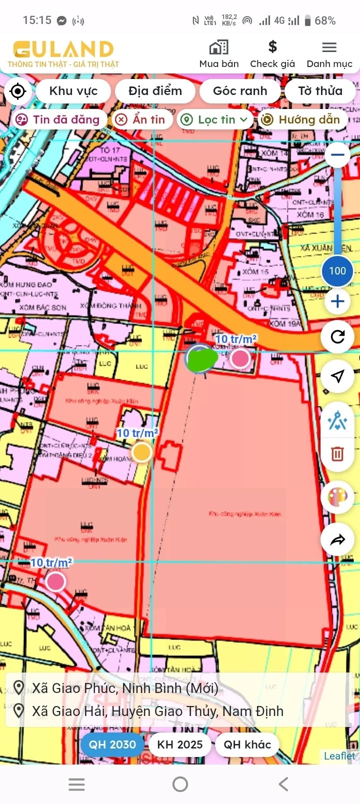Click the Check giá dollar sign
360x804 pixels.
click(272, 47)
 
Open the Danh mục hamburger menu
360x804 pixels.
click(329, 47)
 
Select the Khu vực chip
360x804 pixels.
click(73, 91)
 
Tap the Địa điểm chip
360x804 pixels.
click(155, 91)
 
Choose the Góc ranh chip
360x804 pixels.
click(240, 91)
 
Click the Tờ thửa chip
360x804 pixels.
click(320, 91)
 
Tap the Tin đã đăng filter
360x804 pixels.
click(58, 119)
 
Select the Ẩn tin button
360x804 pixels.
click(142, 119)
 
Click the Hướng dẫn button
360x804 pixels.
click(302, 119)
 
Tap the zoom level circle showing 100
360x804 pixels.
click(337, 271)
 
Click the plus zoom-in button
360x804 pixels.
click(337, 301)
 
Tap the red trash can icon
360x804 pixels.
click(337, 453)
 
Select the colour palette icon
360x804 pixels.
click(337, 497)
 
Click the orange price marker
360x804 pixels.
click(141, 452)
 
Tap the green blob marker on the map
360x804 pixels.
click(202, 358)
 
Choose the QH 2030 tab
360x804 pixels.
click(112, 744)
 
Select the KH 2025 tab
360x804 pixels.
click(180, 744)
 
